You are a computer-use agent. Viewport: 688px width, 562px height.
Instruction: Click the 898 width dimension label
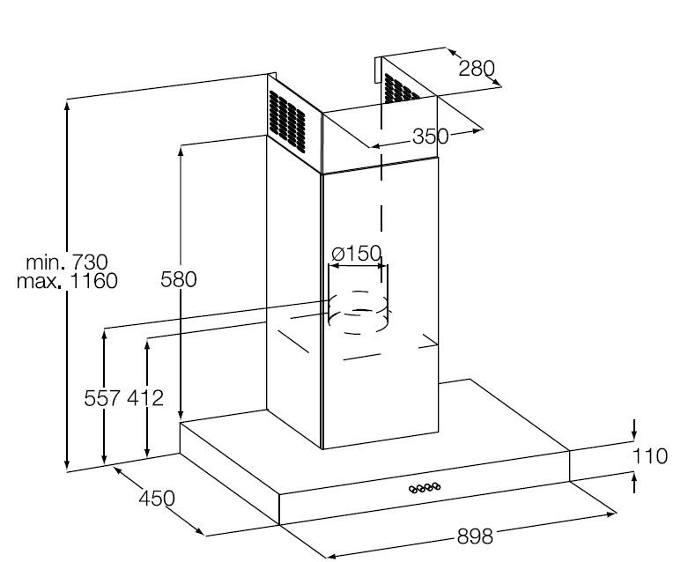click(475, 536)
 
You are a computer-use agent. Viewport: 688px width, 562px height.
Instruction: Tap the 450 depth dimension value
click(157, 498)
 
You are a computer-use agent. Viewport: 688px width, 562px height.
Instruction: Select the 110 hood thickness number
click(650, 456)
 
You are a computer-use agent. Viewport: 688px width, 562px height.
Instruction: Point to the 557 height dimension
click(102, 398)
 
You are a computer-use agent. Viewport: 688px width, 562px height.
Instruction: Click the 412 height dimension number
click(145, 398)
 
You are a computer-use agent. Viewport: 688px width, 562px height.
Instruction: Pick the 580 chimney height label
click(178, 279)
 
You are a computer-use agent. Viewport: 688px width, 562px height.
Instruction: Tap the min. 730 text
click(67, 263)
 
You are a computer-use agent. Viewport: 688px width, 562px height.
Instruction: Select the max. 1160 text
click(67, 281)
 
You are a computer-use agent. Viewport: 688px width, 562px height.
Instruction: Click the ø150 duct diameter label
click(357, 253)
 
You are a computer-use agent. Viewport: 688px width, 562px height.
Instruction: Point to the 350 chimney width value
click(431, 137)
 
